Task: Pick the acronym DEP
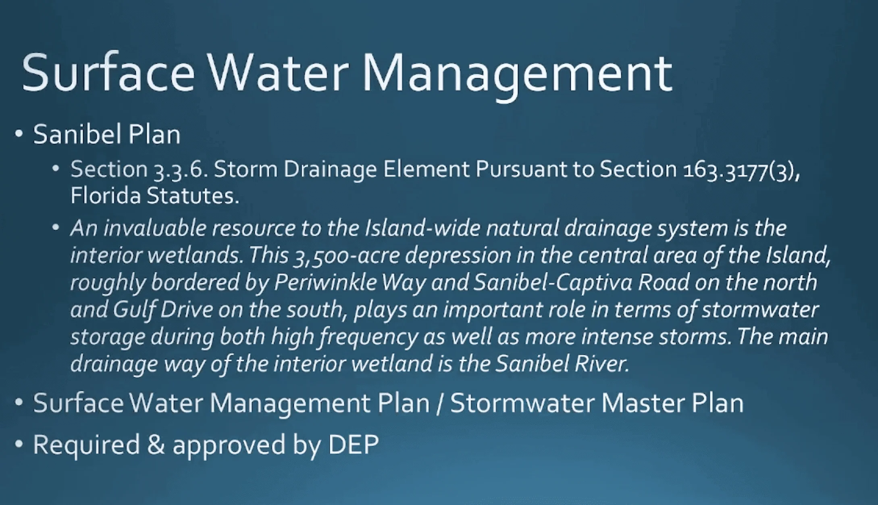pyautogui.click(x=353, y=445)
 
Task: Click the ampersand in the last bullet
pyautogui.click(x=156, y=445)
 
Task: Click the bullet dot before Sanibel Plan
pyautogui.click(x=19, y=134)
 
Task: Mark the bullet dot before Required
pyautogui.click(x=19, y=444)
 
